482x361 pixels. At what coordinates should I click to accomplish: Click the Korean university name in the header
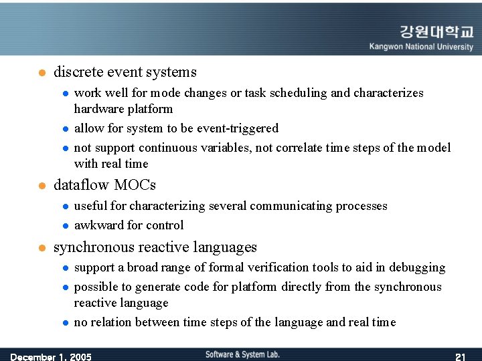tap(436, 32)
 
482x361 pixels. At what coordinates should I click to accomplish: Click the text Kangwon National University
tap(421, 47)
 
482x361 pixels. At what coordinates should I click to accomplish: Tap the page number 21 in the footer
tap(460, 356)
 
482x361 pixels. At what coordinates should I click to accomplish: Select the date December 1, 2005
tap(51, 356)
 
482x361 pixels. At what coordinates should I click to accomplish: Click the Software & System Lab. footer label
tap(242, 354)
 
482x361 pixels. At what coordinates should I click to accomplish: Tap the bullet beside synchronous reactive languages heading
tap(41, 248)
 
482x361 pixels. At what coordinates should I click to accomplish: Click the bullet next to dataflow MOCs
tap(41, 185)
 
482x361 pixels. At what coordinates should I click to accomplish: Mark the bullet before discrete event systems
tap(41, 73)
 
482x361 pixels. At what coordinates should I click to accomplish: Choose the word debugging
tap(418, 267)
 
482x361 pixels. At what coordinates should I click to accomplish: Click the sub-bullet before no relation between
tap(66, 323)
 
